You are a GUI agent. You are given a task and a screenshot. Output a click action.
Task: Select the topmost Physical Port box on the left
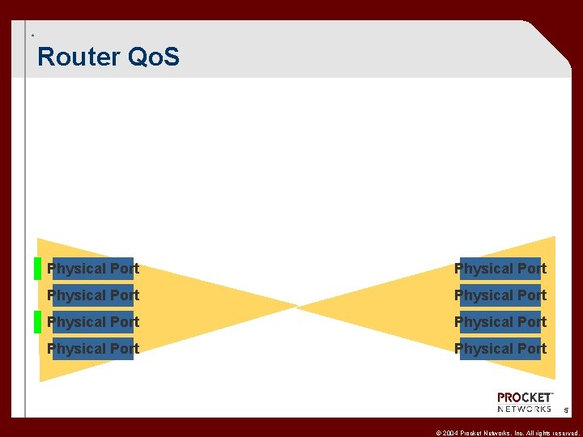pyautogui.click(x=93, y=269)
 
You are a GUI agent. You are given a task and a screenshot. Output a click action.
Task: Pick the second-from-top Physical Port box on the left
pyautogui.click(x=93, y=295)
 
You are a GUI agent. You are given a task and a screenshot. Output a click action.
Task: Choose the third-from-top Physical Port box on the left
pyautogui.click(x=93, y=322)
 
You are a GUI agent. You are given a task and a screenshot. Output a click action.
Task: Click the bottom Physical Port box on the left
pyautogui.click(x=93, y=349)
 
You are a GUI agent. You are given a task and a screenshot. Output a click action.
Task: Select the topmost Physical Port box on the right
pyautogui.click(x=500, y=269)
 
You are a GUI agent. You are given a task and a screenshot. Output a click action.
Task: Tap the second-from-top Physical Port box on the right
pyautogui.click(x=500, y=295)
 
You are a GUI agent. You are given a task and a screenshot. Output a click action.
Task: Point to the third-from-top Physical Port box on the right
pyautogui.click(x=500, y=322)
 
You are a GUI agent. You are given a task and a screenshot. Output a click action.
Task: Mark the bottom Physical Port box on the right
pyautogui.click(x=500, y=349)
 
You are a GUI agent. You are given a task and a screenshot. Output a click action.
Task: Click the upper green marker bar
pyautogui.click(x=37, y=268)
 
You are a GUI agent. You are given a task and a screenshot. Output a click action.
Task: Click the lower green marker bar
pyautogui.click(x=37, y=322)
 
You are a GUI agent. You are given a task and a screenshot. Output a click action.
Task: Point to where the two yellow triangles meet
pyautogui.click(x=297, y=308)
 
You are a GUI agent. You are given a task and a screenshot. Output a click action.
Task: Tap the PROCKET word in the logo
pyautogui.click(x=525, y=397)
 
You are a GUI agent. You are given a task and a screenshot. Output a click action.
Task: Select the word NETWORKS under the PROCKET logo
pyautogui.click(x=525, y=409)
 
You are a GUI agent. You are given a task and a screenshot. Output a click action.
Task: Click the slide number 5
pyautogui.click(x=567, y=411)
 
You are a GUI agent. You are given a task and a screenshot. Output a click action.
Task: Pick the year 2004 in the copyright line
pyautogui.click(x=451, y=432)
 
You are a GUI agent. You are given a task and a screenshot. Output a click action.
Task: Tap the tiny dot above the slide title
pyautogui.click(x=32, y=36)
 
